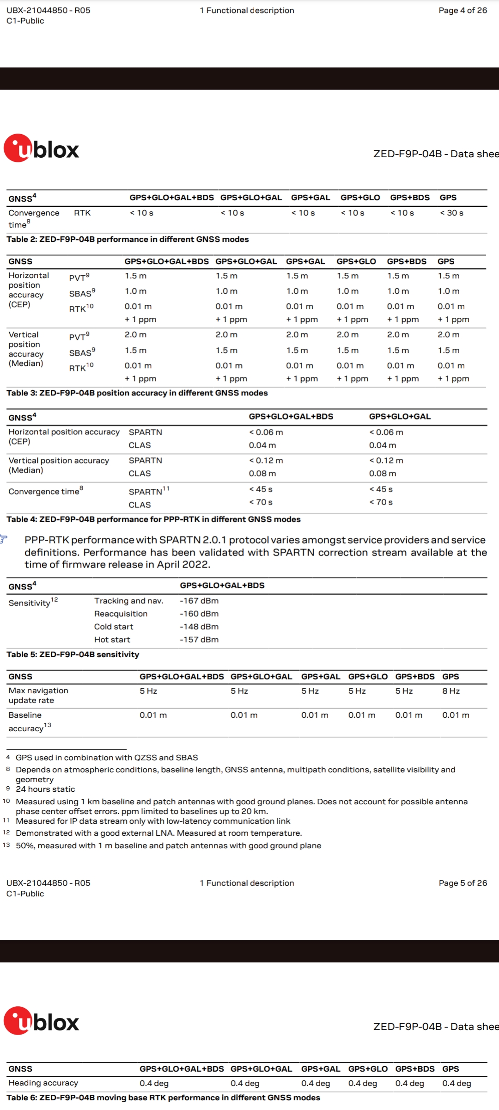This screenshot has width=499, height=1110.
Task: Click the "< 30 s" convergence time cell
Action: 451,213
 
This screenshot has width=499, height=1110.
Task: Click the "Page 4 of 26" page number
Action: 462,10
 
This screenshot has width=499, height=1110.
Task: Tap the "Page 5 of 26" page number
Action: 462,883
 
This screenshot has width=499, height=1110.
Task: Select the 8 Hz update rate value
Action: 451,691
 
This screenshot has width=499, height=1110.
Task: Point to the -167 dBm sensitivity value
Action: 199,601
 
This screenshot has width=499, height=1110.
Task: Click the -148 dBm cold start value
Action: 199,627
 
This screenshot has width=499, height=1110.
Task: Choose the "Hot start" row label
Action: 112,640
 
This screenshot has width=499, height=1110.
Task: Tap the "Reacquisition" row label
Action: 121,614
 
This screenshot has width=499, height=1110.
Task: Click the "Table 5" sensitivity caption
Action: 73,654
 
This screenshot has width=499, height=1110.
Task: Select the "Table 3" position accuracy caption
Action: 137,393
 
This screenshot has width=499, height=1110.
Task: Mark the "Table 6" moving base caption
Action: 163,1098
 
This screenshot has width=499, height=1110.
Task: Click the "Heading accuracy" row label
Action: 43,1083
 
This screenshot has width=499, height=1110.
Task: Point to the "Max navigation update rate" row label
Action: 38,695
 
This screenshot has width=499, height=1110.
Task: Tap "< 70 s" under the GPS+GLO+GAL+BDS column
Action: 261,502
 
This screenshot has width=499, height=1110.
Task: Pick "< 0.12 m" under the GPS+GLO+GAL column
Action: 386,461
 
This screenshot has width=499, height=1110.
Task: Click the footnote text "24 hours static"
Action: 45,789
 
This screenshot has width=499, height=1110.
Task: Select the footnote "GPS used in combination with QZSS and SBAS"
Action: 107,758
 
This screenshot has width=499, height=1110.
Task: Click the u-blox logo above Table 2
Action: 42,148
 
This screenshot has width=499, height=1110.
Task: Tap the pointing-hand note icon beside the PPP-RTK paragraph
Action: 4,539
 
